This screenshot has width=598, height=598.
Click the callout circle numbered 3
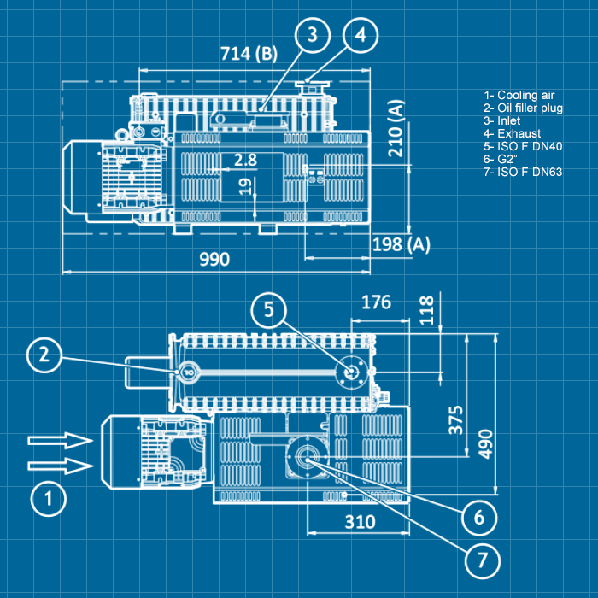coord(314,35)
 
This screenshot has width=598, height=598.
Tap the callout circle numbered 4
coord(361,35)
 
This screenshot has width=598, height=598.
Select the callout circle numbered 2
coord(47,356)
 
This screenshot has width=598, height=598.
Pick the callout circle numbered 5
coord(268,310)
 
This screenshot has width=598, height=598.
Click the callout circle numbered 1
coord(47,498)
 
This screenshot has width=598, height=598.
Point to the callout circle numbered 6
coord(479,516)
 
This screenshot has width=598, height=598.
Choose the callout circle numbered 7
coord(482,559)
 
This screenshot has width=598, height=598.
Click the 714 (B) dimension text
coord(249,54)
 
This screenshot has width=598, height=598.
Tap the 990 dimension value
coord(213,259)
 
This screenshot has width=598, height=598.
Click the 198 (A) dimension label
coord(402,245)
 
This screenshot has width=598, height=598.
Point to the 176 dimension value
coord(376,302)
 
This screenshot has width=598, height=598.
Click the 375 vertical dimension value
coord(456,420)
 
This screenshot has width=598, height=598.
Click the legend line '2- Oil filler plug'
coord(523,108)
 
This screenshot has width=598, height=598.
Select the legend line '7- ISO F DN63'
coord(523,172)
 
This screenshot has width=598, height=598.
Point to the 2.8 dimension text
coord(245,160)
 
